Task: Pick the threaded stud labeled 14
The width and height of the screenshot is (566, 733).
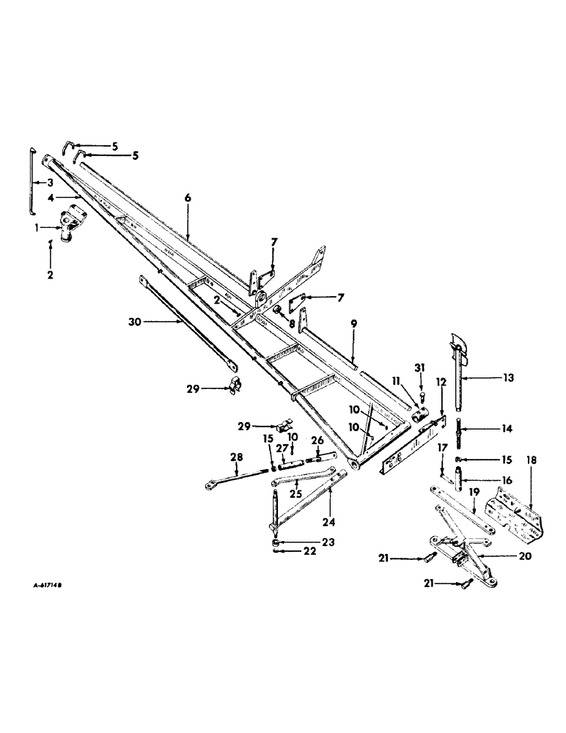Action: (460, 430)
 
